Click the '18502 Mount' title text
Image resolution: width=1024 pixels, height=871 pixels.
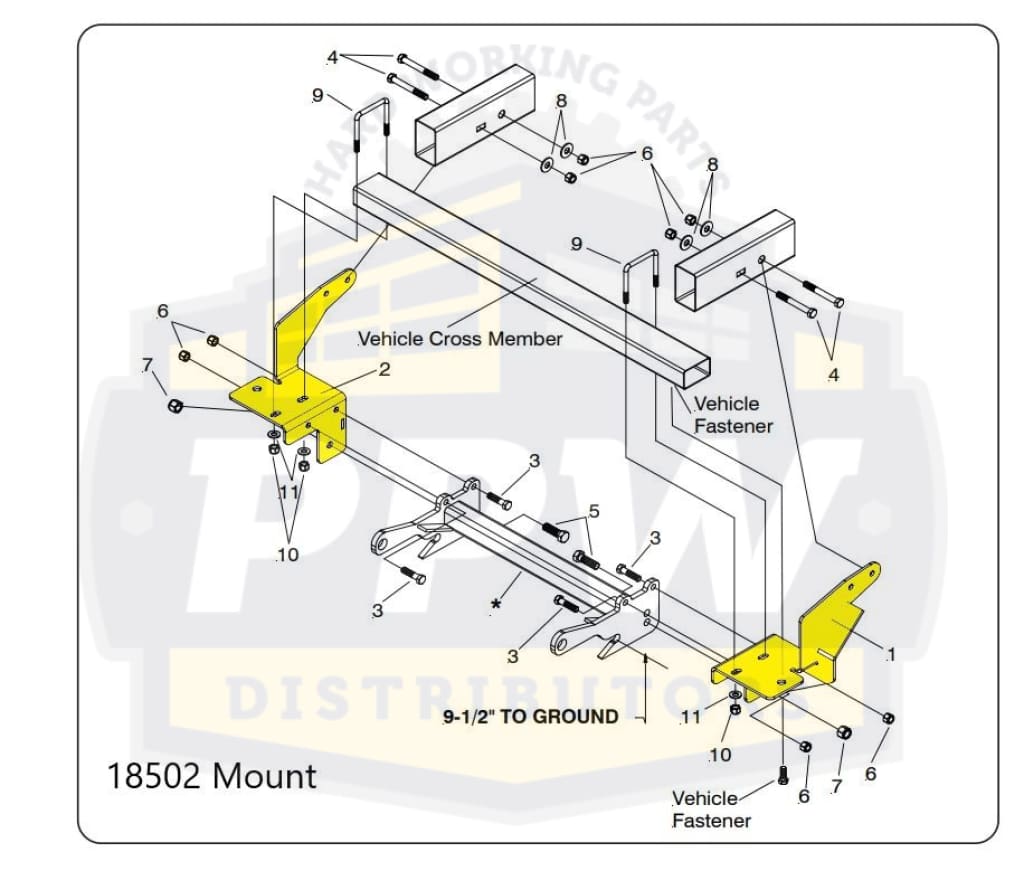tap(211, 776)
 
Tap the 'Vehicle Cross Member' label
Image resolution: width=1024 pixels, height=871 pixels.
tap(460, 339)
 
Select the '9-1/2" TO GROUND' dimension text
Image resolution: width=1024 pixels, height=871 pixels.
tap(530, 716)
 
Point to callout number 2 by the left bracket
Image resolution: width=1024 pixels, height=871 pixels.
tap(383, 370)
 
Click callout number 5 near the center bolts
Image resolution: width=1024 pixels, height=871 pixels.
tap(594, 511)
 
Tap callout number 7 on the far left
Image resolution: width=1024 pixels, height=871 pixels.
tap(147, 362)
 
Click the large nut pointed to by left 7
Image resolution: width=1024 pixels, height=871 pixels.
tap(173, 405)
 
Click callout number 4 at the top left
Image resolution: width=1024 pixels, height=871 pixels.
tap(333, 57)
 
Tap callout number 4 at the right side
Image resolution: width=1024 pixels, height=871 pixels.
tap(832, 374)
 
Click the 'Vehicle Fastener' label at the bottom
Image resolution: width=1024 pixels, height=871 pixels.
tap(711, 810)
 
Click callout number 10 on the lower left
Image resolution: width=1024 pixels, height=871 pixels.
tap(288, 554)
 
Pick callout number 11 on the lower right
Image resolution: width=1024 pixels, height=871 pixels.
tap(690, 716)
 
